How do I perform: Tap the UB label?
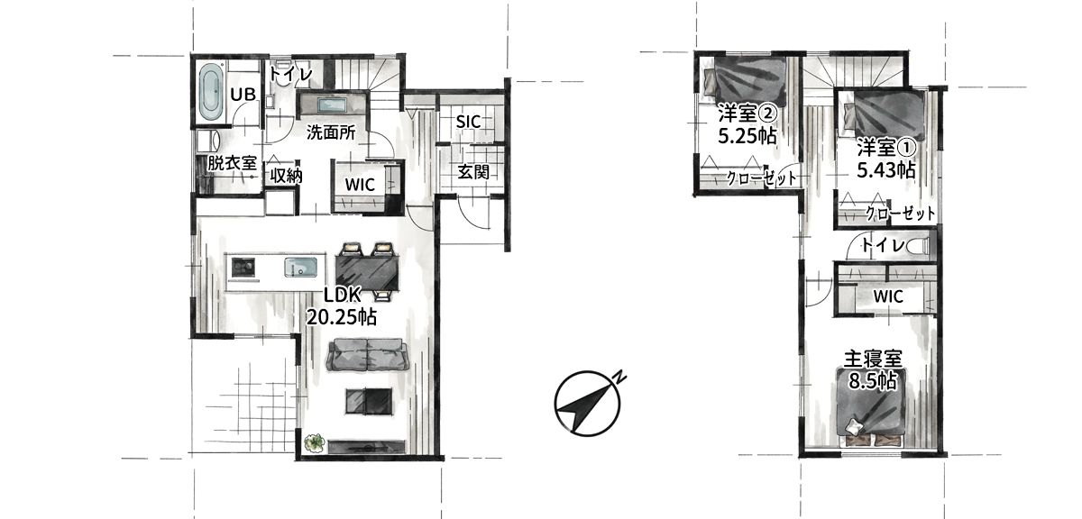(x=243, y=94)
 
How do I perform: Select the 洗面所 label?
(x=331, y=132)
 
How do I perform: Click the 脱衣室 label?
(x=232, y=163)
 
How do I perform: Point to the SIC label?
(x=468, y=122)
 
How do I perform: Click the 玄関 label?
(x=473, y=171)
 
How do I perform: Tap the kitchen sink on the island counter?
(x=300, y=267)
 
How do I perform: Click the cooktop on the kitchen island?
(x=243, y=267)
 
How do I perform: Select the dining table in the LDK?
(x=367, y=272)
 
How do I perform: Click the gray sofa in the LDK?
(x=367, y=354)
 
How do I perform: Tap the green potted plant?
(x=315, y=443)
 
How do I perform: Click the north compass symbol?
(x=588, y=404)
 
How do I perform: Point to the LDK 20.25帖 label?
(x=342, y=305)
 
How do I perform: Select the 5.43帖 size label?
(x=885, y=170)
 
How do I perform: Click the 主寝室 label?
(x=874, y=360)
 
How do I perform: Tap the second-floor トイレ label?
(x=882, y=245)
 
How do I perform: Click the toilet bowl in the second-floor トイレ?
(x=919, y=247)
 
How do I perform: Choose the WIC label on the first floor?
(x=360, y=185)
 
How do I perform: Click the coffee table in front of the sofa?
(x=368, y=400)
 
